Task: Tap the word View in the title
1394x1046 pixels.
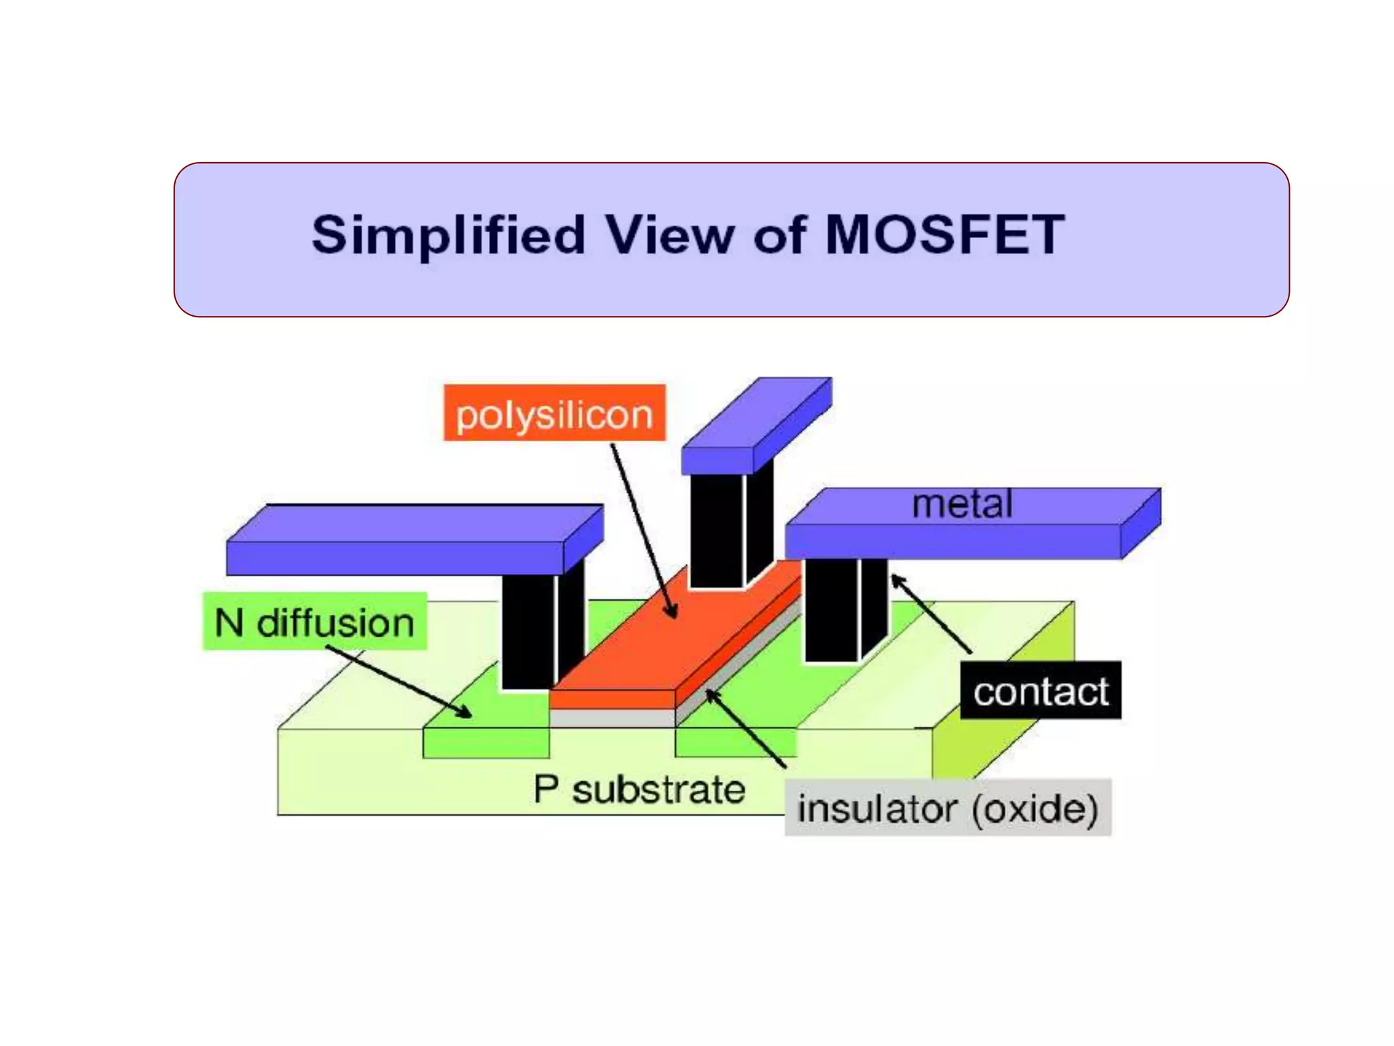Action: (670, 235)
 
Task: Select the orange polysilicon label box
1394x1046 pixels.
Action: (554, 413)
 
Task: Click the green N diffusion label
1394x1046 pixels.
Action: (314, 622)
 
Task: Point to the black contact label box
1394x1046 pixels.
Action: (1040, 691)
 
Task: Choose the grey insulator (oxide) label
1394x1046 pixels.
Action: (947, 808)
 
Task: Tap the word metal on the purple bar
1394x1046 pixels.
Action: (962, 505)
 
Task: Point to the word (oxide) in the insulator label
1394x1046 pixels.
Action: (1035, 808)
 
